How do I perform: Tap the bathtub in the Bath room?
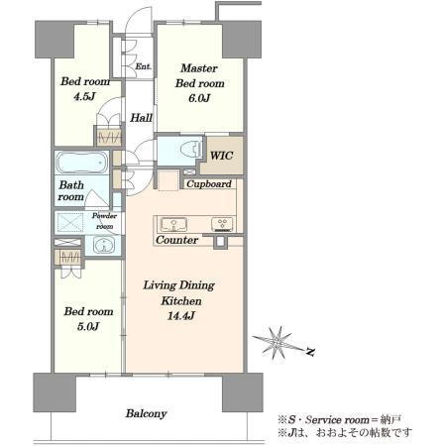pos(82,163)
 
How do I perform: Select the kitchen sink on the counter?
pos(173,224)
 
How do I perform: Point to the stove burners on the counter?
pos(222,224)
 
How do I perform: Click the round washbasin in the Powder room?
pos(104,245)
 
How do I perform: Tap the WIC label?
pos(221,156)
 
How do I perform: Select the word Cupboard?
pos(209,184)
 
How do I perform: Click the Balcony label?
pos(146,413)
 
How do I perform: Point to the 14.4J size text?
pos(180,316)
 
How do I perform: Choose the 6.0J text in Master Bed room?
pos(199,98)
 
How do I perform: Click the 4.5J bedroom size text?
pos(84,96)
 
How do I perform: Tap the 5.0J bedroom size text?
pos(88,327)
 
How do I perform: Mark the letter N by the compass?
pos(310,352)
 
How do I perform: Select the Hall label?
pos(141,118)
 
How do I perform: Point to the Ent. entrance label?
pos(143,66)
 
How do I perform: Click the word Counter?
pos(176,240)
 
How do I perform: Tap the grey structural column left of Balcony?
pos(55,392)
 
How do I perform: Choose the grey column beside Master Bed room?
pos(242,40)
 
